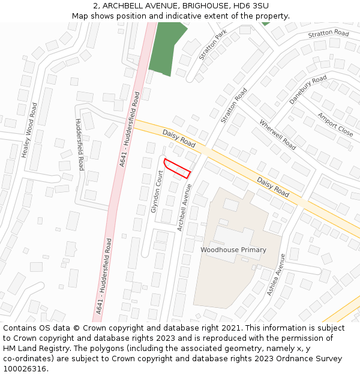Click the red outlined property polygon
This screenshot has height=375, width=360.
(177, 168)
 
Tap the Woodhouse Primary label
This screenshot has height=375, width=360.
(233, 249)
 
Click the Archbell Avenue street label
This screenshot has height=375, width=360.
(184, 207)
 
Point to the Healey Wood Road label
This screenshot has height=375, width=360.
(29, 130)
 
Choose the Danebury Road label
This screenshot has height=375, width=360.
(308, 90)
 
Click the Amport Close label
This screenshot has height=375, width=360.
(335, 124)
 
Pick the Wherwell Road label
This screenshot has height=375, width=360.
(277, 135)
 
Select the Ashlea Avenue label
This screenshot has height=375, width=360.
(276, 274)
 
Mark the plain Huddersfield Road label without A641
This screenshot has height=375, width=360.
(80, 144)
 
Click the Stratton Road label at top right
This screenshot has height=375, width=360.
(328, 34)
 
